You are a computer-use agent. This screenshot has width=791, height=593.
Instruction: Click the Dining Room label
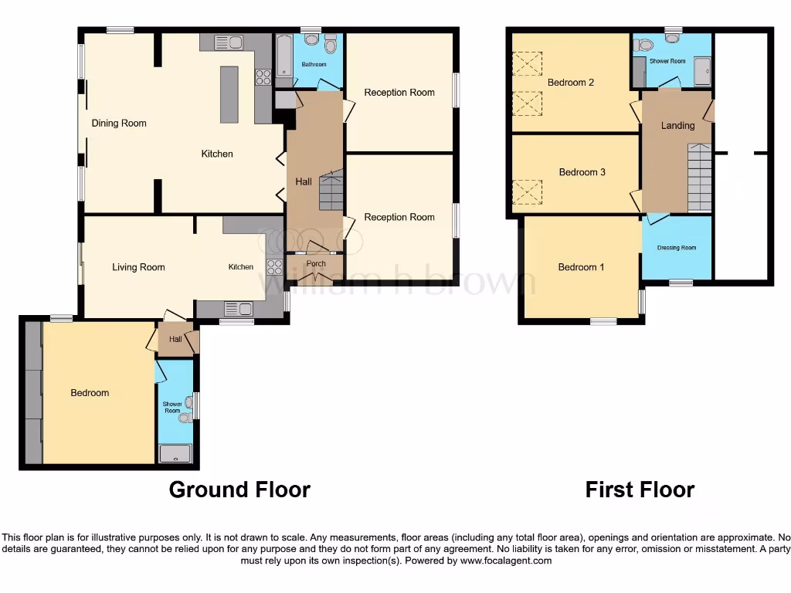(x=119, y=124)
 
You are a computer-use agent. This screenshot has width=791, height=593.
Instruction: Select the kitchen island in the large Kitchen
(x=229, y=94)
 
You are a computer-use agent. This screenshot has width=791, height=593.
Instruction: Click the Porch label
(x=316, y=264)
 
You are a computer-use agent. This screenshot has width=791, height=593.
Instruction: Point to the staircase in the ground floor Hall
(x=330, y=190)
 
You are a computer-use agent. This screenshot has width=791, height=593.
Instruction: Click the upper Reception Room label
(x=399, y=93)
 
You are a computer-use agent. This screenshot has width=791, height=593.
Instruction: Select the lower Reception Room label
(x=399, y=217)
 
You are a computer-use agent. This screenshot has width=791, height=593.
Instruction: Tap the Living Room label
(x=138, y=268)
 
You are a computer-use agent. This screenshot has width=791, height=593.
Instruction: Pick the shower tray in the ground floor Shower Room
(x=175, y=453)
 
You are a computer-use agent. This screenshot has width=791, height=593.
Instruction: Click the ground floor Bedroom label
(x=90, y=393)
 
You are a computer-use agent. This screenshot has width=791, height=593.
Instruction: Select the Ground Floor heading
(x=239, y=490)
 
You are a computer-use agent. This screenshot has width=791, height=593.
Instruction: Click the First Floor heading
(x=640, y=490)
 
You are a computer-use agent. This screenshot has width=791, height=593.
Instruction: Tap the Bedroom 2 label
(x=571, y=83)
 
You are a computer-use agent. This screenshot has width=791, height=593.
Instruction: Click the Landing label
(x=677, y=125)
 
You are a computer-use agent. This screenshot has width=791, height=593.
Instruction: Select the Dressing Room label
(x=677, y=248)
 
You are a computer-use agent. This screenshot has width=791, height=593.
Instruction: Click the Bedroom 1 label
(x=581, y=267)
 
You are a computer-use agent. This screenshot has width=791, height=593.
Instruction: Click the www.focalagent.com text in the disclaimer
(x=506, y=561)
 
